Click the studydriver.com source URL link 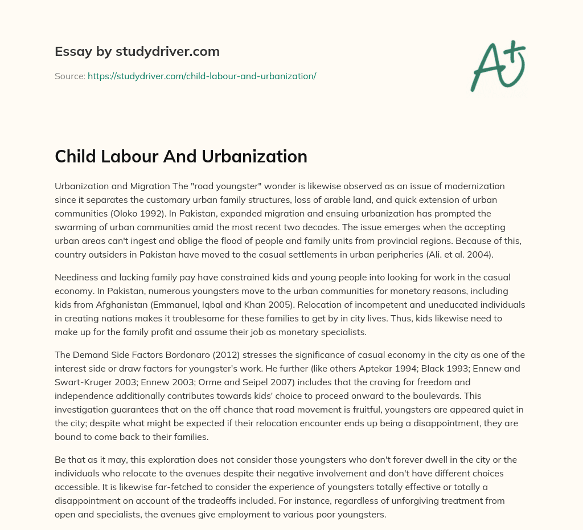click(x=202, y=76)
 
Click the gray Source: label click(x=69, y=76)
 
